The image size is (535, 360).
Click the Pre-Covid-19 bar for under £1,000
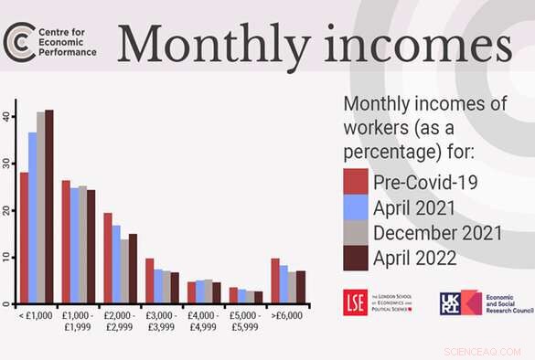24,238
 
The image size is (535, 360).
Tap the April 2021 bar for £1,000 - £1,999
74,246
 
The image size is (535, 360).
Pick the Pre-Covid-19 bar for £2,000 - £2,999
107,258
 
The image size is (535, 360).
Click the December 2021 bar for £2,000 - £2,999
124,271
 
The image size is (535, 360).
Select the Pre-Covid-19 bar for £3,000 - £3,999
149,281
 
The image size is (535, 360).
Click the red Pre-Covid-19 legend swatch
356,181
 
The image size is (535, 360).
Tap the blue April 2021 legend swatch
356,206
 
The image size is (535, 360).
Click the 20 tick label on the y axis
8,210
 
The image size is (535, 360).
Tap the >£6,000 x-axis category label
288,316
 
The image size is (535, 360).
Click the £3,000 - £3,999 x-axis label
162,321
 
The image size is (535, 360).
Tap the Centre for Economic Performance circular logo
17,40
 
